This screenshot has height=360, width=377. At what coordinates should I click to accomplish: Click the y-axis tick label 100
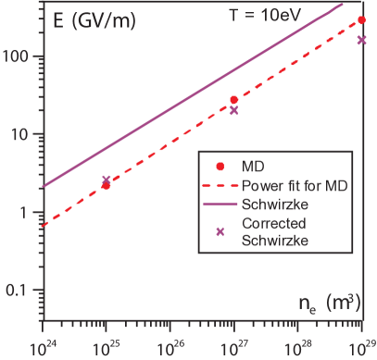click(19, 56)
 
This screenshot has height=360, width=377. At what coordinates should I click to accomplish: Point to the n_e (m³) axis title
click(329, 301)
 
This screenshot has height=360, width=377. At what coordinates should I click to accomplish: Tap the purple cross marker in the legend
click(220, 231)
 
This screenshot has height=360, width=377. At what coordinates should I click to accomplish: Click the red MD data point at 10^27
click(233, 100)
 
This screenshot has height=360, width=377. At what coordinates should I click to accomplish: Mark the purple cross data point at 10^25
click(107, 180)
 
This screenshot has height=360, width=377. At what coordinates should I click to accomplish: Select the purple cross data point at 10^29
click(361, 40)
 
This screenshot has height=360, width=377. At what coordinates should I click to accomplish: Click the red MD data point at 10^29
click(361, 20)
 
